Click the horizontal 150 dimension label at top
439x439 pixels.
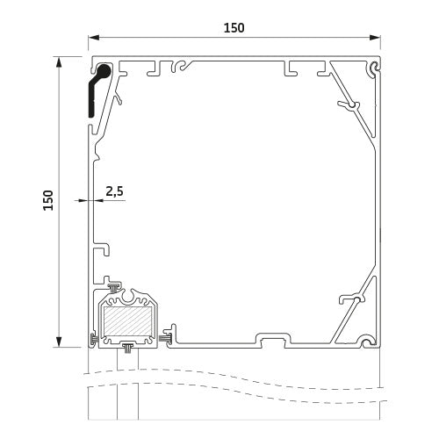[234, 28]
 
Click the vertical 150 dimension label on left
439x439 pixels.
[48, 200]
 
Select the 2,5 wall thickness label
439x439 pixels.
[114, 191]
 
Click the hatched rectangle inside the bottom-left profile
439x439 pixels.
[128, 321]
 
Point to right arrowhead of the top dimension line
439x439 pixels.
[375, 38]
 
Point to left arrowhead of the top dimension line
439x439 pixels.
[94, 38]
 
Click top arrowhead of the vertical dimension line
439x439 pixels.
[59, 62]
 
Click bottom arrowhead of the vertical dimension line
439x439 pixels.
[59, 342]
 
